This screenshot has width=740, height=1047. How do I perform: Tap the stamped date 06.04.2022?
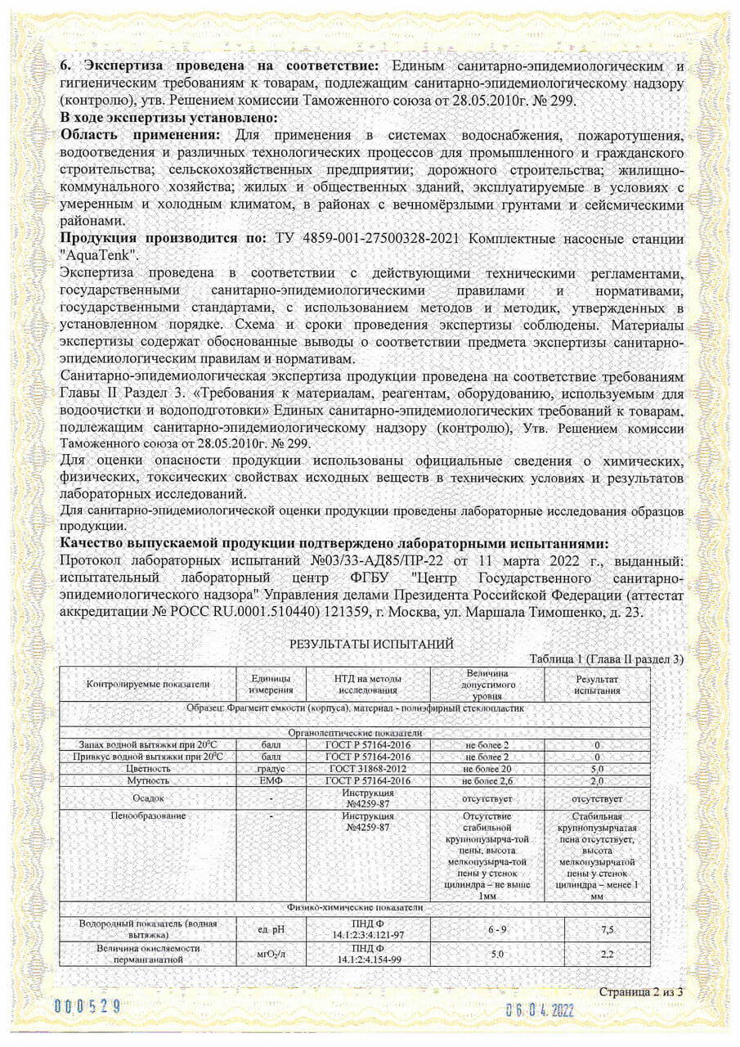[540, 1009]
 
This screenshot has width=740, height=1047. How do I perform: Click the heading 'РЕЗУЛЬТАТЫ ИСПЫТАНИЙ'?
[372, 645]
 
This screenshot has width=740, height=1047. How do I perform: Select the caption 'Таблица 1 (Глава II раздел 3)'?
[606, 659]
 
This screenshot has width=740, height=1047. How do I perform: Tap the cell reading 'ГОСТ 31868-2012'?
[367, 769]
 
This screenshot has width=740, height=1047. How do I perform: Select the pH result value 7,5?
[596, 929]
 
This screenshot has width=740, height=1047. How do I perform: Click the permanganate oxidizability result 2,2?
[596, 954]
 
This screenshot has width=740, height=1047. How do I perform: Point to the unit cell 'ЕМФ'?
[270, 781]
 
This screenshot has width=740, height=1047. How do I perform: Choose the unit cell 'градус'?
[270, 769]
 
